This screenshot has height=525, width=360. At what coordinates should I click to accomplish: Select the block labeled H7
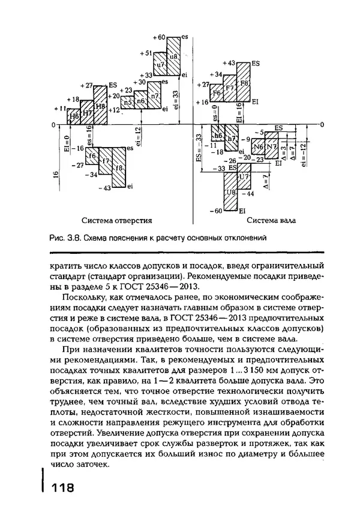(x=87, y=113)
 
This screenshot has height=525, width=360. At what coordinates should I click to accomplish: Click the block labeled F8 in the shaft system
(x=244, y=82)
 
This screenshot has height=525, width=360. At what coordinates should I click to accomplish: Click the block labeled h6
(x=217, y=136)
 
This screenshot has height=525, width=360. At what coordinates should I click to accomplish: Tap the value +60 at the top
(x=159, y=37)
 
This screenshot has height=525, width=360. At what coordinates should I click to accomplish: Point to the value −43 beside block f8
(x=104, y=188)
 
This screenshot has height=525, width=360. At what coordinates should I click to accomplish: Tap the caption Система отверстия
(x=116, y=220)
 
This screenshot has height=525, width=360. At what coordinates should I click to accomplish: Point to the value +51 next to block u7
(x=146, y=53)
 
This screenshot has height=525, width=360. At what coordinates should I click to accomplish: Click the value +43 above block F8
(x=229, y=62)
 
